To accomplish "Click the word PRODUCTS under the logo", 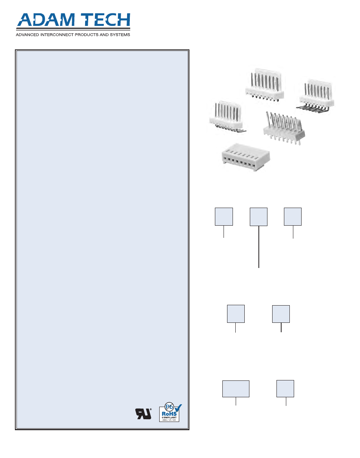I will (89, 35).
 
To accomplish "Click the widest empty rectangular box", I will (236, 388).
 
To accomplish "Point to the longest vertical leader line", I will (259, 247).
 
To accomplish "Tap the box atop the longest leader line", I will (259, 217).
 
